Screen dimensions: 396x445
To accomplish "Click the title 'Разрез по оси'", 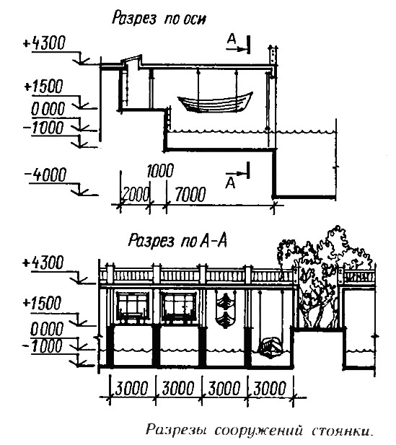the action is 159,19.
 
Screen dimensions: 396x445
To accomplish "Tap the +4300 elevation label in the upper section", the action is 44,43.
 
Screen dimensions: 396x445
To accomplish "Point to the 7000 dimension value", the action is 190,195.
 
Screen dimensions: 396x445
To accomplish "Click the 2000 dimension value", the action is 136,195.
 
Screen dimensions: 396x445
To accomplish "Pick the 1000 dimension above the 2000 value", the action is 160,171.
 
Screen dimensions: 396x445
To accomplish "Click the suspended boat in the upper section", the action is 215,102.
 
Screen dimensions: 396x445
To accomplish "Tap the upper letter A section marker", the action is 232,39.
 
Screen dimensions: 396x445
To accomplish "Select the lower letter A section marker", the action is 230,183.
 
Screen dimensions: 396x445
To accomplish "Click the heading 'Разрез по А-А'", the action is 177,241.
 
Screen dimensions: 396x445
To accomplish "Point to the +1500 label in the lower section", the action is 43,303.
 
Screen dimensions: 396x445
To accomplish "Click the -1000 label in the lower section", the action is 43,346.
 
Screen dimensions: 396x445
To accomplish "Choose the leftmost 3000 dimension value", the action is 131,388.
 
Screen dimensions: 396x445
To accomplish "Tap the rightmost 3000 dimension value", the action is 269,388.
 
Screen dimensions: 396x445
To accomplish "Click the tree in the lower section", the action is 324,276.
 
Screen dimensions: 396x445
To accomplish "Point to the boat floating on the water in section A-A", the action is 270,346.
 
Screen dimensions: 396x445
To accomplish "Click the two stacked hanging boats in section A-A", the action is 225,310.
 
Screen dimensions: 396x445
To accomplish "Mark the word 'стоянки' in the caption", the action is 342,431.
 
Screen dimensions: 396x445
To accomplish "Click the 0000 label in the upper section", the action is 48,109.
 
